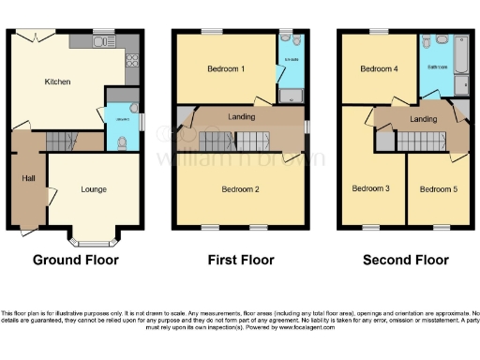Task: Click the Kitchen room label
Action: pyautogui.click(x=58, y=82)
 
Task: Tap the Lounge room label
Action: pyautogui.click(x=94, y=190)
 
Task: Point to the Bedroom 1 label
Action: pyautogui.click(x=226, y=69)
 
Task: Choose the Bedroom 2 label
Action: pyautogui.click(x=241, y=188)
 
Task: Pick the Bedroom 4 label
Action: pyautogui.click(x=379, y=69)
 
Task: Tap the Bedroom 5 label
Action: pyautogui.click(x=437, y=188)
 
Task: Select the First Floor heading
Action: pyautogui.click(x=240, y=260)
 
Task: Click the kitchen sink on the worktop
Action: pyautogui.click(x=103, y=41)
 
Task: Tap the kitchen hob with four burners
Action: pyautogui.click(x=131, y=60)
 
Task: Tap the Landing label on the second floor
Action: pyautogui.click(x=423, y=119)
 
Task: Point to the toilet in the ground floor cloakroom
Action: pyautogui.click(x=123, y=142)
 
